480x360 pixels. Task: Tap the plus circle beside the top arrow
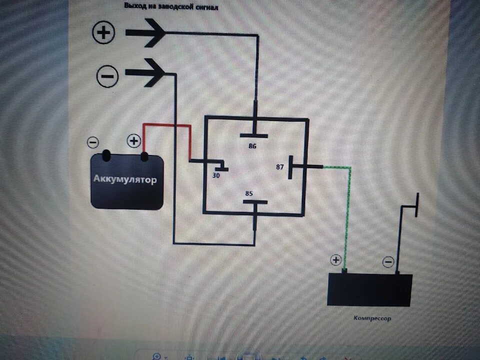click(104, 33)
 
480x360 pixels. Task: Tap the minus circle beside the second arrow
click(107, 76)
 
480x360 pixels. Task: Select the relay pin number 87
click(279, 167)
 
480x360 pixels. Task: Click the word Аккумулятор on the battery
click(125, 179)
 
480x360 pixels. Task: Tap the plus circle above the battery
click(134, 142)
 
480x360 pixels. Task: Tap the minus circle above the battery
click(93, 142)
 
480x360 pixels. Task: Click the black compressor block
click(369, 289)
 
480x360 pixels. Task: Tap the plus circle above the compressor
click(335, 260)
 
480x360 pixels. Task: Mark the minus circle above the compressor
click(388, 261)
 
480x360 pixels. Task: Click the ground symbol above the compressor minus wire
click(414, 205)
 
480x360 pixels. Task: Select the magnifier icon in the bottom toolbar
click(156, 356)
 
